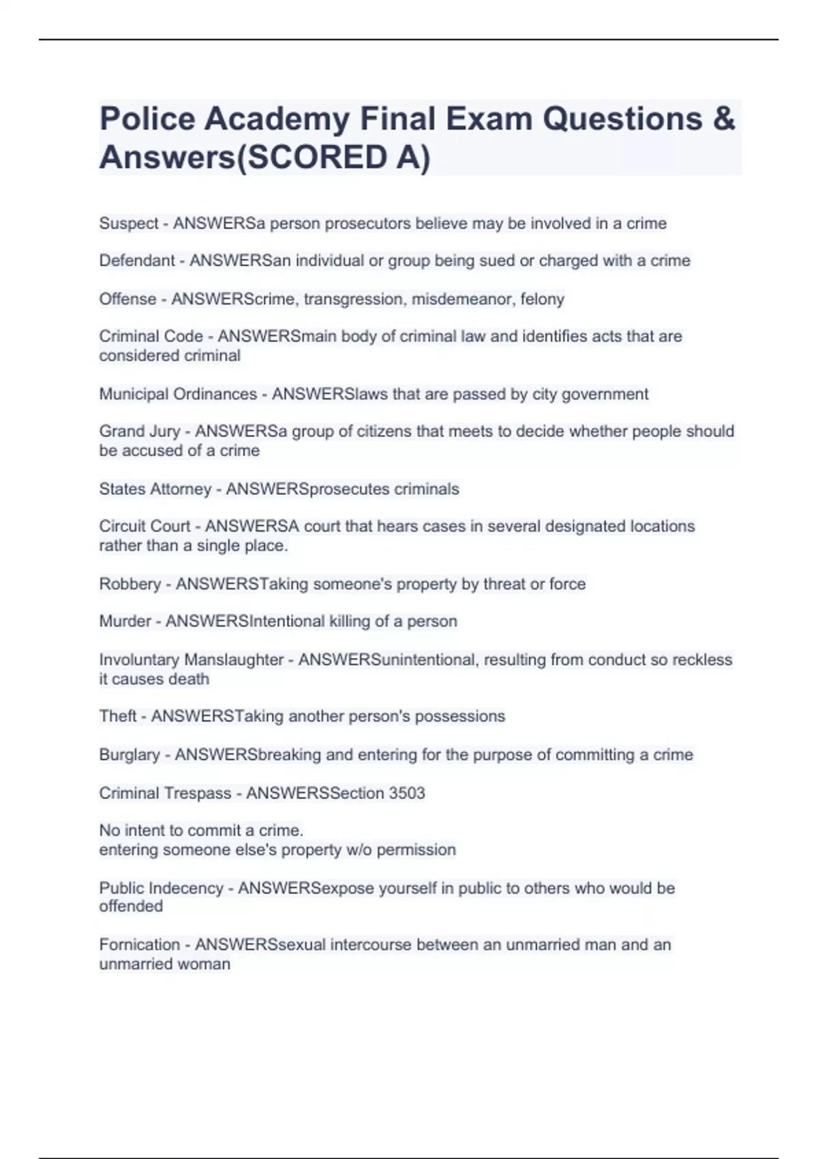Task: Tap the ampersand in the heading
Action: tap(725, 119)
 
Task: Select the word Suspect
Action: tap(129, 224)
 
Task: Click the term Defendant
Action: tap(137, 260)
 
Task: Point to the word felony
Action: tap(543, 299)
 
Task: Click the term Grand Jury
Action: tap(140, 432)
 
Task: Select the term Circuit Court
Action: tap(145, 526)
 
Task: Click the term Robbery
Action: tap(130, 584)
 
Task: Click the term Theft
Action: tap(118, 716)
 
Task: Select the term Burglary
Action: tap(130, 755)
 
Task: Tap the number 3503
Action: tap(407, 793)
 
